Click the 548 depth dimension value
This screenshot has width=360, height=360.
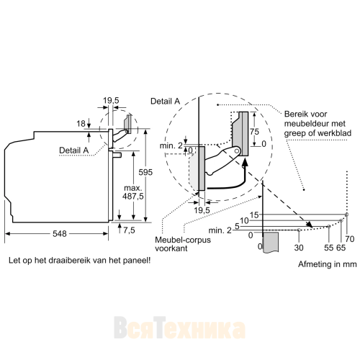(x=60, y=233)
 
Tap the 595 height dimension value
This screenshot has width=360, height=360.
(x=145, y=172)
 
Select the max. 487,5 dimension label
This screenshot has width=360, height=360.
(x=133, y=192)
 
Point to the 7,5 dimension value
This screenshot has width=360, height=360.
(x=129, y=230)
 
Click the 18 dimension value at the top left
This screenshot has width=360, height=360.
(x=81, y=124)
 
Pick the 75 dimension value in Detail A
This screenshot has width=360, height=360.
(x=254, y=132)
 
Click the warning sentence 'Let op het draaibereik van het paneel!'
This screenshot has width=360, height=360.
(x=80, y=260)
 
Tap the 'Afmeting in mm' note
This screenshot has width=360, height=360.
(x=328, y=264)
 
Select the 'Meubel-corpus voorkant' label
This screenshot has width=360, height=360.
(x=183, y=244)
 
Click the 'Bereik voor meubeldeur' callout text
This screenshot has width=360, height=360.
(x=318, y=123)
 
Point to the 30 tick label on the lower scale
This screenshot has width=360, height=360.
(x=299, y=248)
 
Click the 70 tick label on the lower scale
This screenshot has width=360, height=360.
(x=350, y=239)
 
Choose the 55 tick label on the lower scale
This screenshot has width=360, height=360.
(x=329, y=248)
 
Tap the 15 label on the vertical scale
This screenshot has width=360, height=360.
(x=254, y=215)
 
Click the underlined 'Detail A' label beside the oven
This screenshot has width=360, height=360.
(x=74, y=150)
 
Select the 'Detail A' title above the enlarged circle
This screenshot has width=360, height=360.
(x=166, y=102)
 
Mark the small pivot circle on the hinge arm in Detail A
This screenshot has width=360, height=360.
(x=237, y=151)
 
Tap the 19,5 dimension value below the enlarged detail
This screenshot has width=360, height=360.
(x=202, y=210)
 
